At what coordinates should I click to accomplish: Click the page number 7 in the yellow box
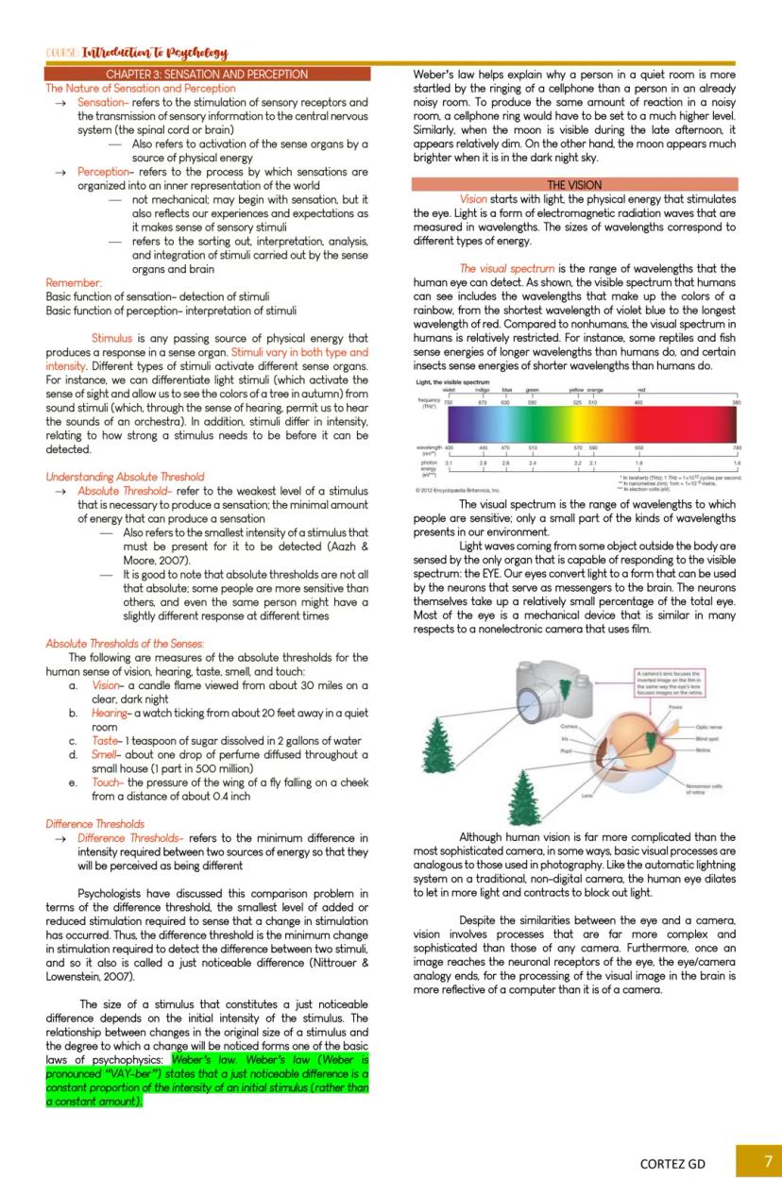[768, 1160]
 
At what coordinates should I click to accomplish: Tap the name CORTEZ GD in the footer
[672, 1163]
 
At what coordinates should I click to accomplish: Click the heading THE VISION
[573, 185]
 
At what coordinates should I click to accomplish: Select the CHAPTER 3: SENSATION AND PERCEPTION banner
[207, 74]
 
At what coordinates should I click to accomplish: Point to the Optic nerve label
[708, 728]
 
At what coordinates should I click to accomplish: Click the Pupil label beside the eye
[568, 750]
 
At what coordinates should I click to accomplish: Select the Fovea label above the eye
[675, 706]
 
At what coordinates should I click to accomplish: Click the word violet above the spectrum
[449, 389]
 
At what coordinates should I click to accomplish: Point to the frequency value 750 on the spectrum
[449, 402]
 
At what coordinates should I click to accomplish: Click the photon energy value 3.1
[450, 463]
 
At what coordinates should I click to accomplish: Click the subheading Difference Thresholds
[94, 823]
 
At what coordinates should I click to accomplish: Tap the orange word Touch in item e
[106, 783]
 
